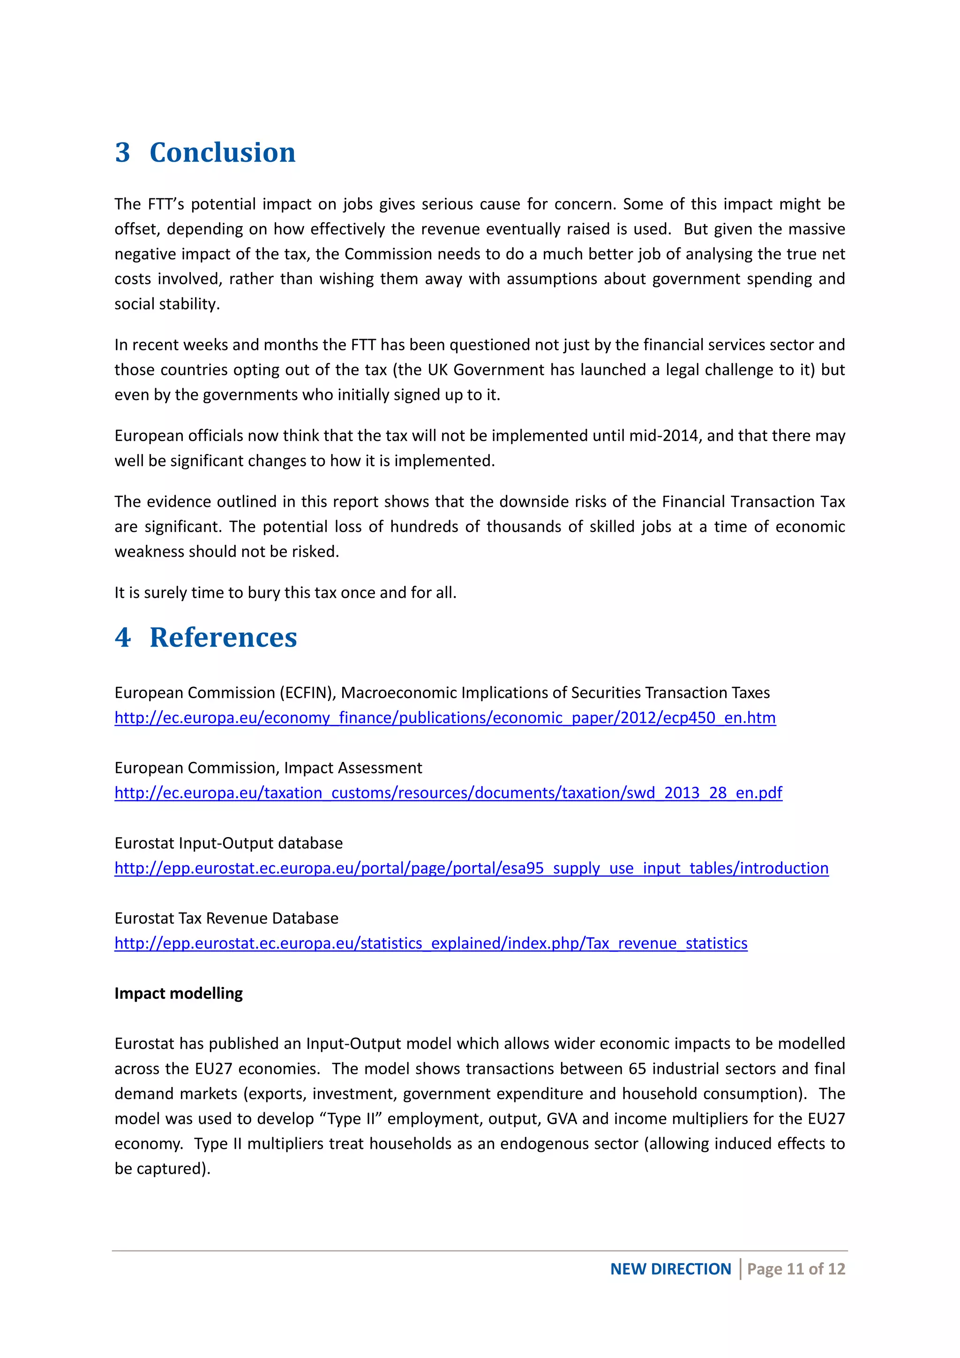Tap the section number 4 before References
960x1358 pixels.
tap(122, 638)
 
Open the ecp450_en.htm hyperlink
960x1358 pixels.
tap(444, 717)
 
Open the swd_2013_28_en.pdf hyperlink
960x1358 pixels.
tap(448, 792)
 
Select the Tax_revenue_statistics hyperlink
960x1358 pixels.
tap(431, 943)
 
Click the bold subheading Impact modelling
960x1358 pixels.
tap(179, 993)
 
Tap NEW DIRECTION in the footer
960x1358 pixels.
tap(670, 1269)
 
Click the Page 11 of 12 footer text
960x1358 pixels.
tap(795, 1269)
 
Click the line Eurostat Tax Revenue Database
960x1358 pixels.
tap(226, 918)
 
